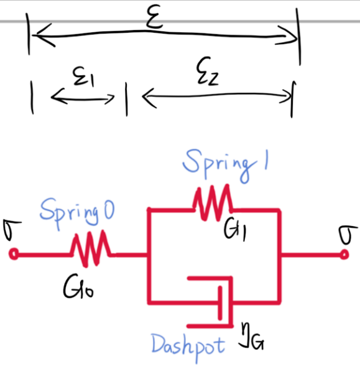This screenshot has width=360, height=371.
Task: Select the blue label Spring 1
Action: [225, 165]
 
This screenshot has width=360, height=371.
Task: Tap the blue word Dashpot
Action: [188, 347]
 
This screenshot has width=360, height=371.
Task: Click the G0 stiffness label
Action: [78, 286]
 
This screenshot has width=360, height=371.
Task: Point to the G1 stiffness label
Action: [235, 230]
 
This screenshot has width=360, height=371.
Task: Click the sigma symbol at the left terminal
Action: [11, 230]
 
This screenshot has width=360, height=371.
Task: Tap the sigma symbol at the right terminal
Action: [348, 235]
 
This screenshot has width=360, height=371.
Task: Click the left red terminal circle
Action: [14, 254]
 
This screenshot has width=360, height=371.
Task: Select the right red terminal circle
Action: [344, 255]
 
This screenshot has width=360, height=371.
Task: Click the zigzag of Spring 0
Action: [90, 249]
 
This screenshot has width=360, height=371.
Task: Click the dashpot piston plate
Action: [220, 303]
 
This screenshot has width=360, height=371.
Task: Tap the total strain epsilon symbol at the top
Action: [155, 17]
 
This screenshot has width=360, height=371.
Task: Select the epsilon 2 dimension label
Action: [208, 71]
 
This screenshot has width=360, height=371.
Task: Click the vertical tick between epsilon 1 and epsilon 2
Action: [126, 100]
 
